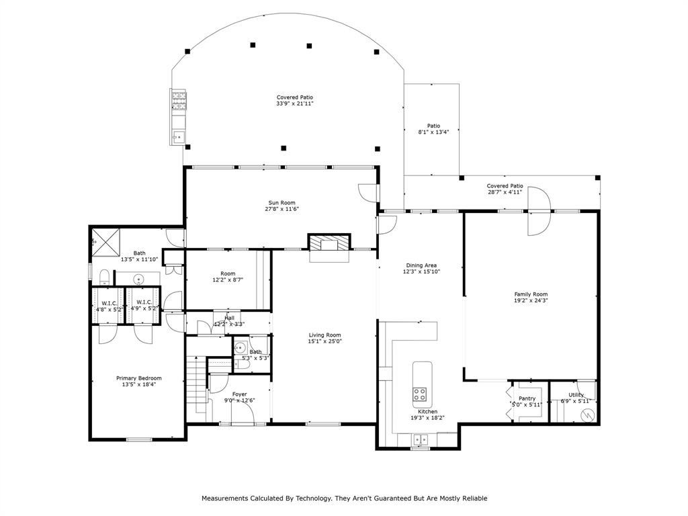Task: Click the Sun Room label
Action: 282,203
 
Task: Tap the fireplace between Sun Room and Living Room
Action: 329,244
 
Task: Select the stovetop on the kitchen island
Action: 421,393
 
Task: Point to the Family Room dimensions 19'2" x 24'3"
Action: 531,301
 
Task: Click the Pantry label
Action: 527,398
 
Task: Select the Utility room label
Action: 576,395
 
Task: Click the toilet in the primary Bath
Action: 104,277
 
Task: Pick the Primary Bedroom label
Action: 138,378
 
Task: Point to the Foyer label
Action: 239,394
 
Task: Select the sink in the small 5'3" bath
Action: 241,348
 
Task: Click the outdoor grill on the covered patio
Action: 179,101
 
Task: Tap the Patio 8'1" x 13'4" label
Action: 433,126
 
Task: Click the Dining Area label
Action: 421,265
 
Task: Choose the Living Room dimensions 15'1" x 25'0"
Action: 325,342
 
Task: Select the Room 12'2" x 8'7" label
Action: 228,273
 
